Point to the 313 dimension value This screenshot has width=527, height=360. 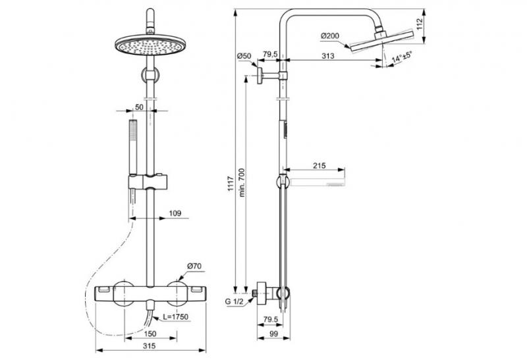pos(327,57)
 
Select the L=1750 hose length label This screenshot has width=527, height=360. pos(176,317)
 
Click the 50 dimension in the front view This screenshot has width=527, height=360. pos(138,106)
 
